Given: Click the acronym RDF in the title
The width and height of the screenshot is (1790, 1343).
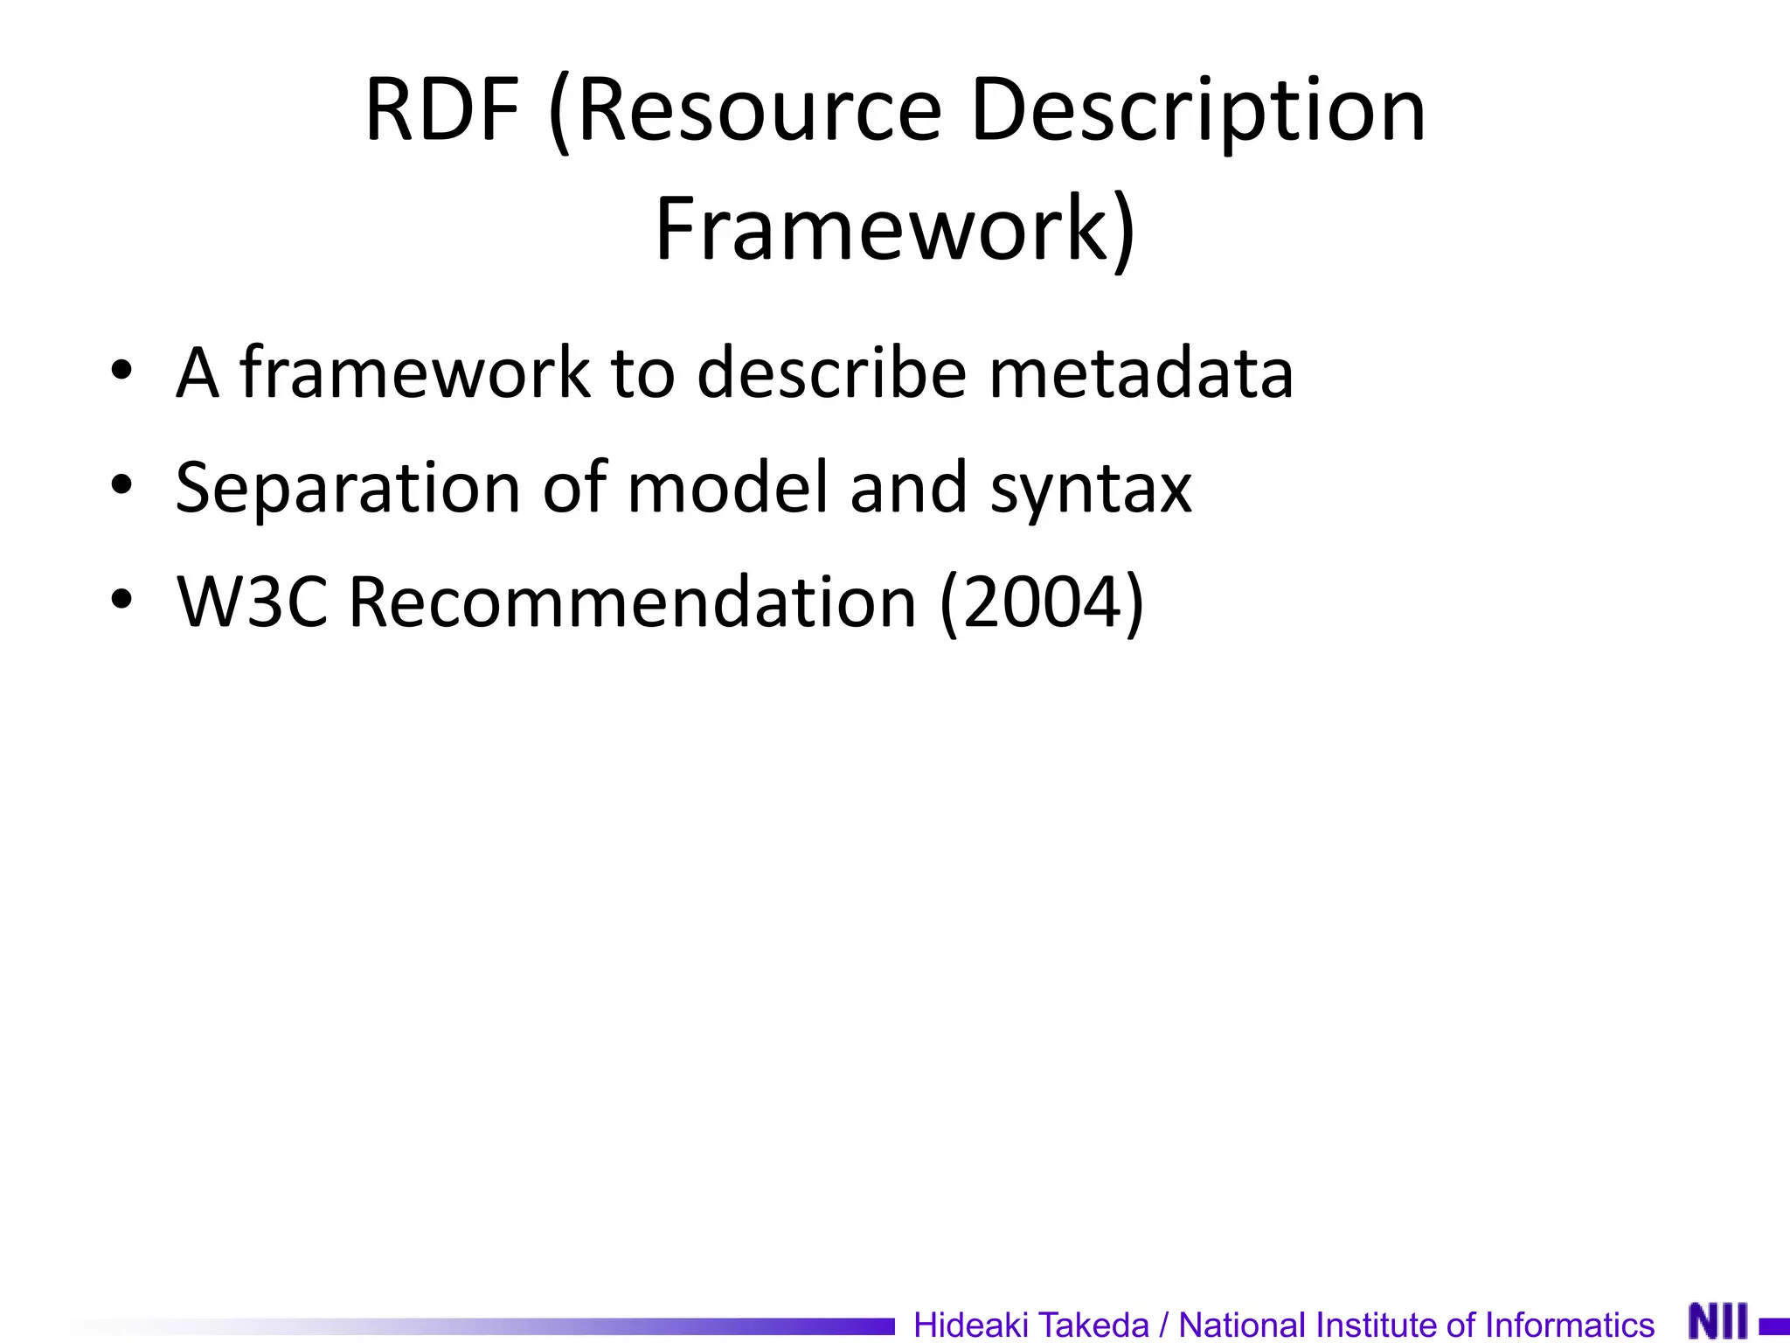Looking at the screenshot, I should pyautogui.click(x=442, y=110).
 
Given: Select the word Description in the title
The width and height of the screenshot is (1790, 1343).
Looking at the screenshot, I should pyautogui.click(x=1198, y=110).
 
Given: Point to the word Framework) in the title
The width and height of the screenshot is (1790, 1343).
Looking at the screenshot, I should pyautogui.click(x=895, y=229).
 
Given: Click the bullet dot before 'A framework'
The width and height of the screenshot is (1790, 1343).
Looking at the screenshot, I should pyautogui.click(x=121, y=371).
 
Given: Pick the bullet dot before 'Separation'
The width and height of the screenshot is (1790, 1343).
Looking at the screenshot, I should pyautogui.click(x=121, y=485).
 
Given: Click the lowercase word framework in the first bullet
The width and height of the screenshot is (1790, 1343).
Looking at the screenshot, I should pyautogui.click(x=414, y=372).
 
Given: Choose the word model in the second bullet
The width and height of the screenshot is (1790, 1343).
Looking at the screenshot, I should pyautogui.click(x=727, y=487).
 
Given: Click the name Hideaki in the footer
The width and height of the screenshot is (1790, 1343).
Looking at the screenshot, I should pyautogui.click(x=970, y=1324).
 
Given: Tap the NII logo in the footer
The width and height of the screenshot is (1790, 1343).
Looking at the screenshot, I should pyautogui.click(x=1718, y=1320).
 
